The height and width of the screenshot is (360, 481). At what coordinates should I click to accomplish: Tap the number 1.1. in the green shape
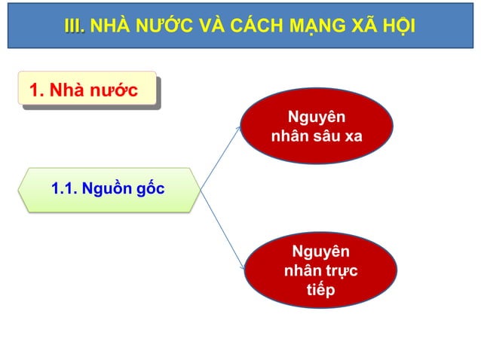65,188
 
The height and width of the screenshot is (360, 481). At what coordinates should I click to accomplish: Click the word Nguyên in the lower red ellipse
320,252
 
